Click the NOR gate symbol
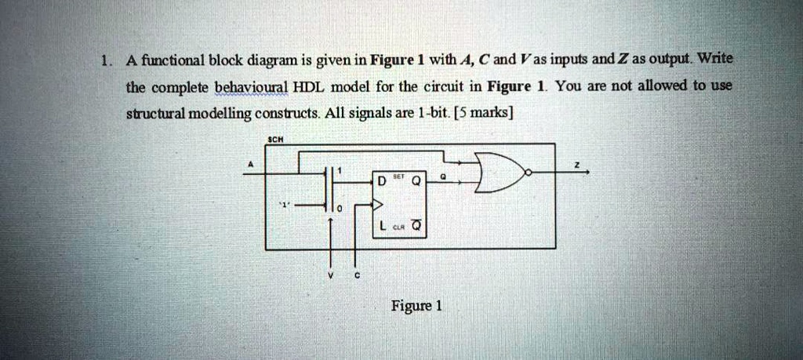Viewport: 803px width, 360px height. point(500,173)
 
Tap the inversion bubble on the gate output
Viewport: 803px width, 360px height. point(529,173)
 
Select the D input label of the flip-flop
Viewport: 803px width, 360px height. point(380,181)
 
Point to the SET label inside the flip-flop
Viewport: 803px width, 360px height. point(398,176)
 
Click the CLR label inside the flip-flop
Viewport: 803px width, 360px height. point(397,229)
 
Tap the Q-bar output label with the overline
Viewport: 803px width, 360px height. point(416,227)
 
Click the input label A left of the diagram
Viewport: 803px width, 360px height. point(251,165)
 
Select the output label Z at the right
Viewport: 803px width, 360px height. point(576,165)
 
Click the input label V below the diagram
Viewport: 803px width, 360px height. point(331,276)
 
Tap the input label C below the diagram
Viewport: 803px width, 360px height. point(358,276)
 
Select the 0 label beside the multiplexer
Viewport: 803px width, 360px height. point(339,210)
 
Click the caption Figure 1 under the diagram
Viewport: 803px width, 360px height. point(416,306)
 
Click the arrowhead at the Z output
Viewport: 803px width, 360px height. point(587,173)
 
